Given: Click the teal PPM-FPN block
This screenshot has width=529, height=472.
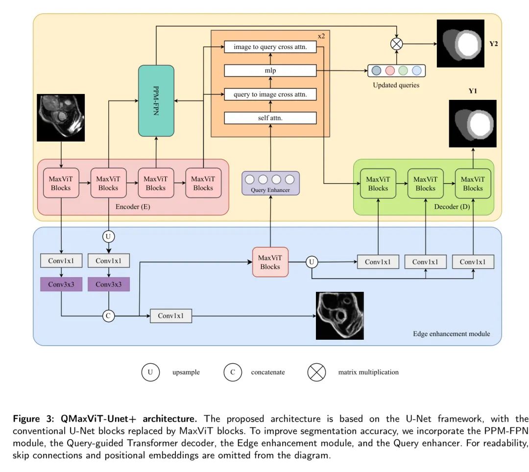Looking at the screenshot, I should [x=156, y=100].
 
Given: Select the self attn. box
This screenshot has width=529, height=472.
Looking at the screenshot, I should [x=270, y=118].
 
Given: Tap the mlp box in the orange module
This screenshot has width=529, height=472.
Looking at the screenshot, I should [x=270, y=71].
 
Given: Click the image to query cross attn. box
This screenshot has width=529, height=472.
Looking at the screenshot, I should [x=270, y=47].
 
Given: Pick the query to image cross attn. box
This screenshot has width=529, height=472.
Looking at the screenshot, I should [x=270, y=94].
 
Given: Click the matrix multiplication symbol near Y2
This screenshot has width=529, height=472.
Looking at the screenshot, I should [x=396, y=44].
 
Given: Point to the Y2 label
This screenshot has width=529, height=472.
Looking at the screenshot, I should [x=493, y=44].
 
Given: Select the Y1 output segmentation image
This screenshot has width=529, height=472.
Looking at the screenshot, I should [x=473, y=123].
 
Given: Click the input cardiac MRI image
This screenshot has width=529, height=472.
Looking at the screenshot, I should [x=61, y=117].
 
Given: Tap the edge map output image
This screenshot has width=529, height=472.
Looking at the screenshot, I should [x=340, y=316].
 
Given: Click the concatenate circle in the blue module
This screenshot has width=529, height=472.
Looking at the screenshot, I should [x=108, y=316].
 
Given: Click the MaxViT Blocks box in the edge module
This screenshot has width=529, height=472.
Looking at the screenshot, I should [x=270, y=262].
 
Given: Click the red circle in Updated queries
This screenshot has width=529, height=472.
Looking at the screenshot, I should [x=390, y=71].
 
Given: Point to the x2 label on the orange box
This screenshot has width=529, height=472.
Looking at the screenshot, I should [x=321, y=36].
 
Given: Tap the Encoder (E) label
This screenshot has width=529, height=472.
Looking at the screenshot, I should [x=133, y=207].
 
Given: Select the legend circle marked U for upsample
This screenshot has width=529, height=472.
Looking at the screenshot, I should [x=150, y=372].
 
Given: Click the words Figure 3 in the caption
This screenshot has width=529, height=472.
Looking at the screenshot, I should [x=30, y=419].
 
